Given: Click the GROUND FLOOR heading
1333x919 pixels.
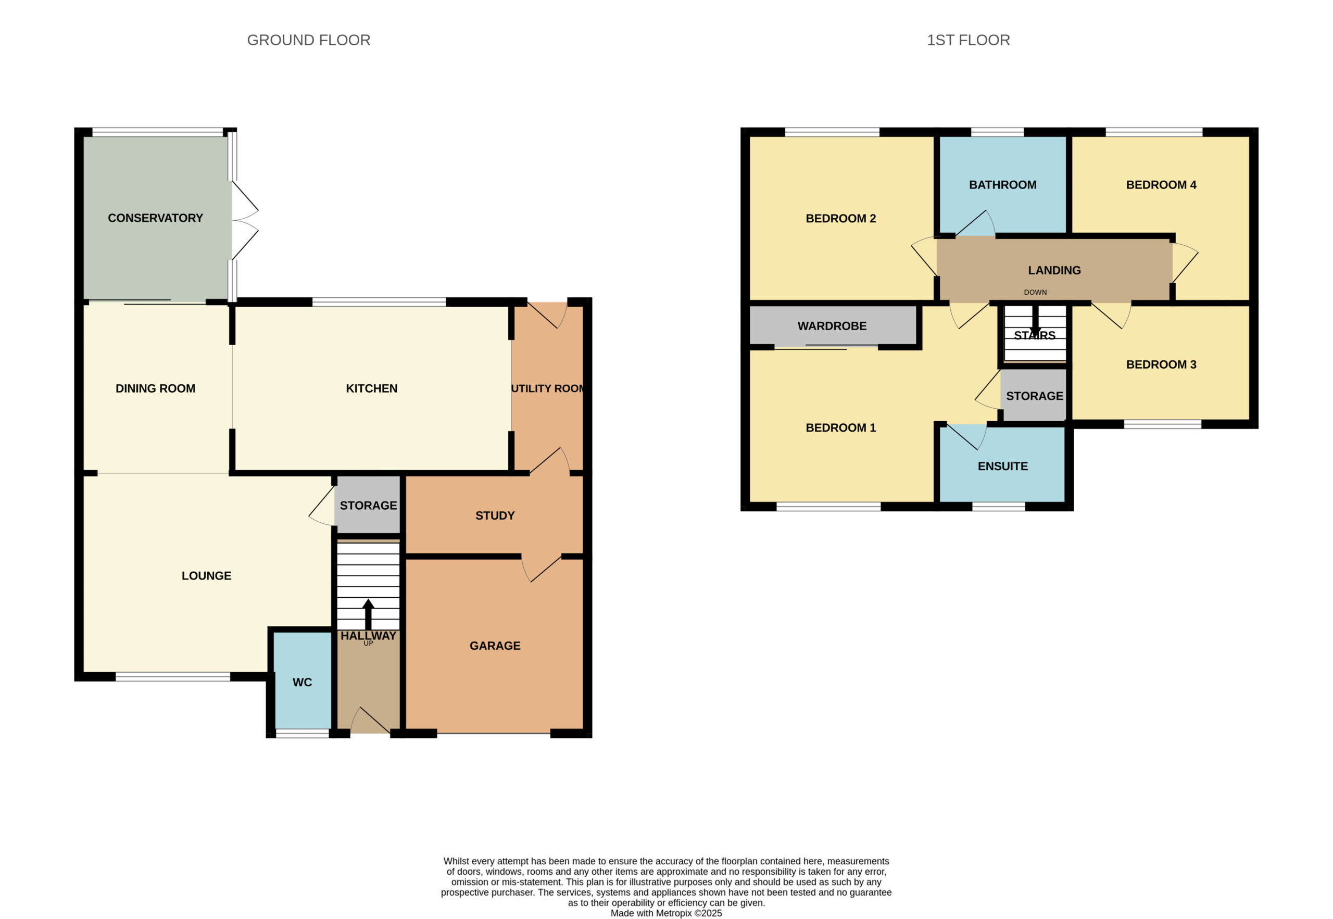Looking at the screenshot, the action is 309,40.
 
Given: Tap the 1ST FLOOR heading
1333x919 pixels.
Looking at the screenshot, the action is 968,40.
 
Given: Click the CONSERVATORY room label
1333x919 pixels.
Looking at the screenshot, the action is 156,218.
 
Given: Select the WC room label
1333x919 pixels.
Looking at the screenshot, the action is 303,682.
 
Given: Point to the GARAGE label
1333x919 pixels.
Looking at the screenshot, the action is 495,646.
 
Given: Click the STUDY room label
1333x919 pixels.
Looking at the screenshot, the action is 495,516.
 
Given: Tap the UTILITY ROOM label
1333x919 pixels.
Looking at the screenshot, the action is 548,388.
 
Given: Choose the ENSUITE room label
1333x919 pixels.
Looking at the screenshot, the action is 1002,467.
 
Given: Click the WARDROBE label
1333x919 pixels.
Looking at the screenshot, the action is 832,326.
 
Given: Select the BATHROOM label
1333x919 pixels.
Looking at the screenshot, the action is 1002,185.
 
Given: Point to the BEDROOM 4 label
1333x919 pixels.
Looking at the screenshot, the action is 1161,185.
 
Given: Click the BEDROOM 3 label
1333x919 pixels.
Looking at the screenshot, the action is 1161,364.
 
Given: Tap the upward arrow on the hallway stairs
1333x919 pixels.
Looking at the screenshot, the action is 368,614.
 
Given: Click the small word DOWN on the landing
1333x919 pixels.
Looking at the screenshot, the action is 1035,293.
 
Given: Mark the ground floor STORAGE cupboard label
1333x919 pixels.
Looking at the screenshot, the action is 369,506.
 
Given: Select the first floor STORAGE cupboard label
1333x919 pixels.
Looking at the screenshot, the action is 1035,396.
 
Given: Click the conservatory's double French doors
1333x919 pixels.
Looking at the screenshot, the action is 245,221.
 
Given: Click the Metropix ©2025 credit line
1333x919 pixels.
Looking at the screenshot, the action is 666,913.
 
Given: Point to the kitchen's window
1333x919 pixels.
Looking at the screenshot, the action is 379,301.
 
